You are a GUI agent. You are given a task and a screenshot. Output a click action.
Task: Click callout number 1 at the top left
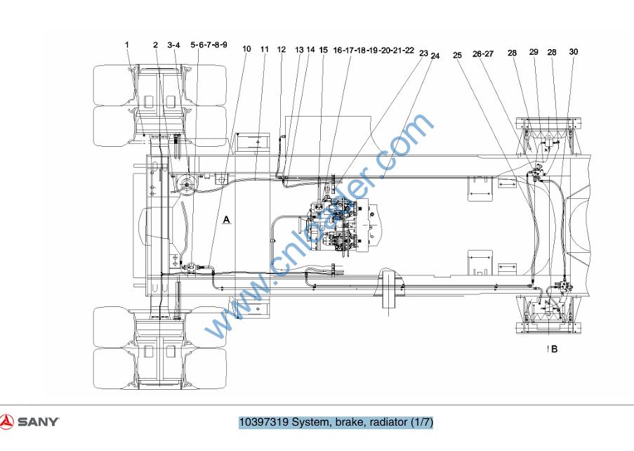pyautogui.click(x=127, y=44)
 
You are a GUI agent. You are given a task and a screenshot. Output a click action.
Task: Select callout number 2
pyautogui.click(x=155, y=44)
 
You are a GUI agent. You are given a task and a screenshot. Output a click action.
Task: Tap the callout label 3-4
pyautogui.click(x=173, y=45)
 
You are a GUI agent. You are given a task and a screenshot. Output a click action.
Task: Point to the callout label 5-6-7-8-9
pyautogui.click(x=209, y=44)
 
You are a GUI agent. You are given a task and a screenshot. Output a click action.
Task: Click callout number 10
pyautogui.click(x=246, y=49)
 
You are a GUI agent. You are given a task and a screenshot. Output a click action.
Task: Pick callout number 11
pyautogui.click(x=265, y=49)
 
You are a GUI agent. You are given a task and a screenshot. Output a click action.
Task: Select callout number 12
pyautogui.click(x=282, y=49)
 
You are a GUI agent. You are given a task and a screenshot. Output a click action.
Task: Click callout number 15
pyautogui.click(x=324, y=50)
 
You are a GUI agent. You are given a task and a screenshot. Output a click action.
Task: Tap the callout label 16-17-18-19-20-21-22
pyautogui.click(x=374, y=50)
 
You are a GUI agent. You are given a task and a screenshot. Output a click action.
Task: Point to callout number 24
pyautogui.click(x=435, y=55)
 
